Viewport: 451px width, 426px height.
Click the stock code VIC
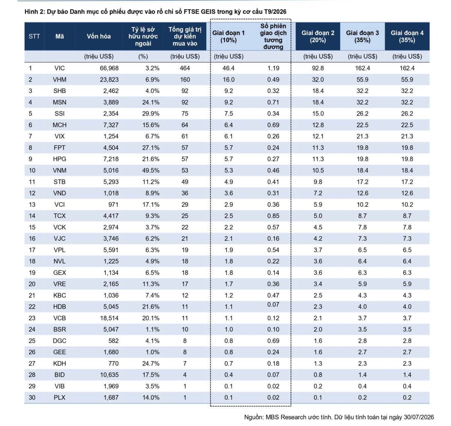coord(59,68)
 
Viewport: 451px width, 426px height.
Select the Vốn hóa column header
coord(98,36)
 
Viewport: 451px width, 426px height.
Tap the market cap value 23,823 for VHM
coord(109,80)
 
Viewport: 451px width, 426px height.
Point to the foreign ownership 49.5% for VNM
coord(151,170)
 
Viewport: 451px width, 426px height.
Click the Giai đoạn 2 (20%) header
coord(318,36)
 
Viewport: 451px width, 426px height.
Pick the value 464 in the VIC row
coord(185,68)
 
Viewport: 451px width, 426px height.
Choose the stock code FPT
coord(59,148)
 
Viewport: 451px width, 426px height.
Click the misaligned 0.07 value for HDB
coord(273,304)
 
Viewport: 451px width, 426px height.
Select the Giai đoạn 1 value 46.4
coord(229,68)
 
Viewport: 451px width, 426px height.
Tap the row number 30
coord(32,397)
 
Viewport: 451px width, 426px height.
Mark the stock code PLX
coord(59,397)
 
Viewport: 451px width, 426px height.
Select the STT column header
coord(34,36)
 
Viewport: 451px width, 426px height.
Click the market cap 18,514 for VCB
coord(109,318)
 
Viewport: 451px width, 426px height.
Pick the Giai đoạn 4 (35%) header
coord(407,36)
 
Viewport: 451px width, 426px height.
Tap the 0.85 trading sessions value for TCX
coord(273,216)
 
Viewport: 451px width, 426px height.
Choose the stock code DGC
coord(59,341)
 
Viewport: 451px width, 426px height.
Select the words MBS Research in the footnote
coord(286,417)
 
